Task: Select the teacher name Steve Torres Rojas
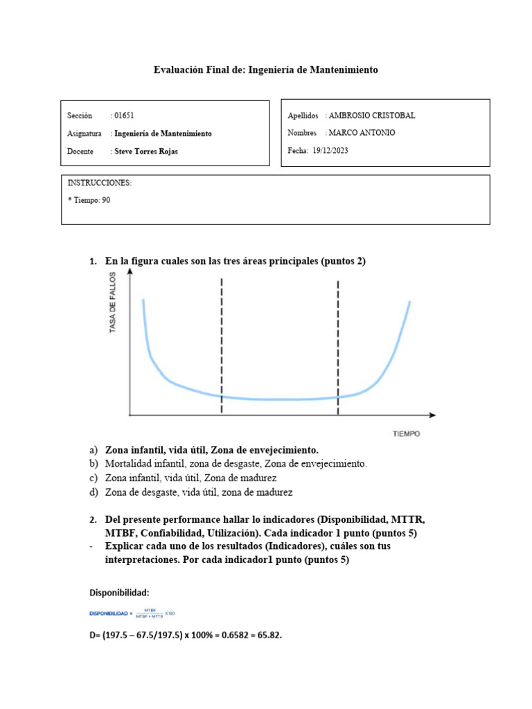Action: [145, 151]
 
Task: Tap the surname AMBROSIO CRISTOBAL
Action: [372, 116]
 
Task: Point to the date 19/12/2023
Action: [330, 150]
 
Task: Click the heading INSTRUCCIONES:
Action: [100, 183]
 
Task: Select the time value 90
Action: [106, 200]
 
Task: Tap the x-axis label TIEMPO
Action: [406, 434]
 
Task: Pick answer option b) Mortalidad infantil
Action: [236, 463]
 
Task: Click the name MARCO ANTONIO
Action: [362, 133]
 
